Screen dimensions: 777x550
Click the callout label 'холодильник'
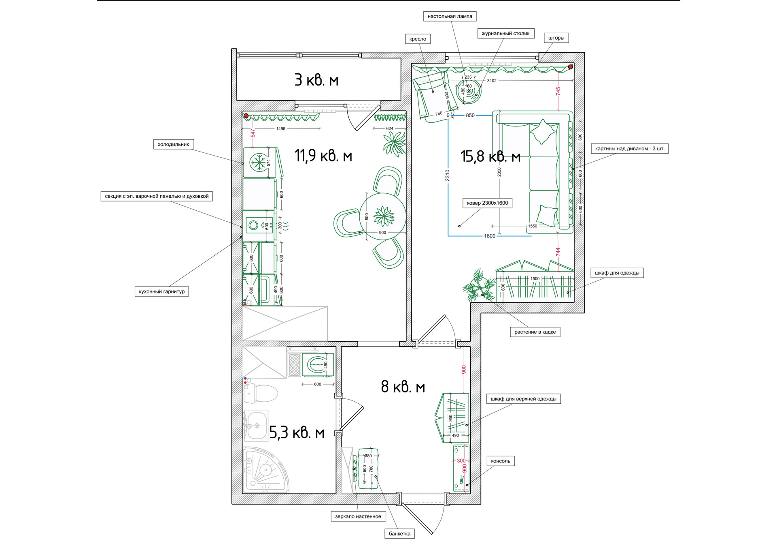coord(173,144)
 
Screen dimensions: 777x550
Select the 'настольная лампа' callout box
coord(450,16)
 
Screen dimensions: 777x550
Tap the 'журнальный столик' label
coord(505,34)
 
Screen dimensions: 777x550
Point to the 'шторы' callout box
coord(556,38)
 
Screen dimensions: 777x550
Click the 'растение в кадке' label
coord(535,332)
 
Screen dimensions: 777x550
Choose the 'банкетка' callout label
coord(399,534)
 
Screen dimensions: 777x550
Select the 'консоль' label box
coord(501,461)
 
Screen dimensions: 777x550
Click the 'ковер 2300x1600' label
coord(487,203)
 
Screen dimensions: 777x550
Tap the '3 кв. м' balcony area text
coord(316,80)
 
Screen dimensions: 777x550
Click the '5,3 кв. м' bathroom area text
coord(297,433)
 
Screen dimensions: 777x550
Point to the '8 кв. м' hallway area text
coord(403,387)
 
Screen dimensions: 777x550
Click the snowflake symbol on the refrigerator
coord(258,163)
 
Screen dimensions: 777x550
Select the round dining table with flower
coord(383,216)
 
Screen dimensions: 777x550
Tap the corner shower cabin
coord(265,470)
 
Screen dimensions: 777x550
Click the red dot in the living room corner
coord(571,67)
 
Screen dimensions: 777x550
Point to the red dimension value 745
coord(558,91)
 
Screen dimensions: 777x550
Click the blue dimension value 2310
coord(447,175)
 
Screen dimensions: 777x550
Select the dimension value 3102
coord(492,81)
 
